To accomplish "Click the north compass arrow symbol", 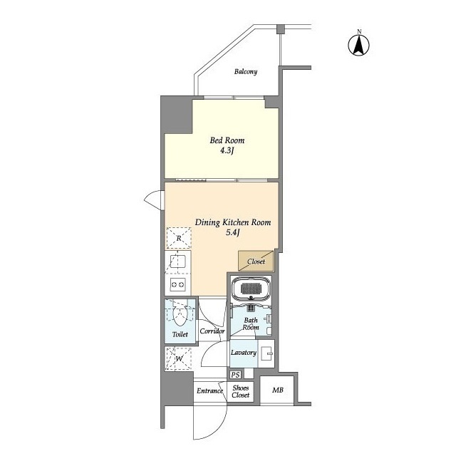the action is [x=359, y=45].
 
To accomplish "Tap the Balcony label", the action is [x=246, y=71].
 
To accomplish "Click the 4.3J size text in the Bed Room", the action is [x=227, y=150].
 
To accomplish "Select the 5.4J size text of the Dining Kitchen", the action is [x=233, y=232].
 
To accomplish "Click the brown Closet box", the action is [x=256, y=261].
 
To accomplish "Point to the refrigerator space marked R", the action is [x=179, y=238].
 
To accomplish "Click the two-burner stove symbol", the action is [x=178, y=284].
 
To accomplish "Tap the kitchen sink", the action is [x=178, y=261].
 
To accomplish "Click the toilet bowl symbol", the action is [x=180, y=316].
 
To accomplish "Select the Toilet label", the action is [x=180, y=334].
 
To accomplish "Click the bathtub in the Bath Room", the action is [x=252, y=289].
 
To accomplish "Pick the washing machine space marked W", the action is [x=179, y=358].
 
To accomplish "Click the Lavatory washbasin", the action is [x=266, y=353].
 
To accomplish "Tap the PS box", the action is [x=235, y=375].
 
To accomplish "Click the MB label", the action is [x=278, y=390].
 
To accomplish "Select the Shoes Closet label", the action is [x=241, y=391].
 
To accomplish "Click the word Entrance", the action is [x=209, y=391].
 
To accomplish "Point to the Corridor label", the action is [x=212, y=331].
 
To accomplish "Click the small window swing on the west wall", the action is [x=152, y=200].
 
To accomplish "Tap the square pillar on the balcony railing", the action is [x=280, y=28].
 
